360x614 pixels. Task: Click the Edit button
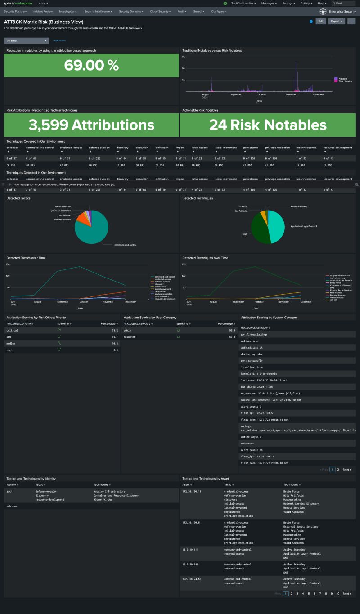(320, 21)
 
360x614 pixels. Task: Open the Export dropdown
(337, 21)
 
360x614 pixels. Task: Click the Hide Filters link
(59, 40)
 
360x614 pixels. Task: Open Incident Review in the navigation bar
(43, 11)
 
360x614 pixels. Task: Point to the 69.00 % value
(91, 65)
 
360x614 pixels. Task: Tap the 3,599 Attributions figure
(91, 125)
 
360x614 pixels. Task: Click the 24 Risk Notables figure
(268, 125)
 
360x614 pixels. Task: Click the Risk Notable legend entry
(345, 81)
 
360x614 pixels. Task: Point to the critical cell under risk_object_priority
(12, 330)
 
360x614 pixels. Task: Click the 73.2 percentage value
(115, 330)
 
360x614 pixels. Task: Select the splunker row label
(130, 336)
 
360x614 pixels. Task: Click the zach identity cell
(9, 491)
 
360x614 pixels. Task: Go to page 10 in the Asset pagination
(338, 593)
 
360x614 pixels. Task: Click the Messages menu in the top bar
(269, 3)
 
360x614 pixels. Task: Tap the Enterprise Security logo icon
(323, 11)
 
